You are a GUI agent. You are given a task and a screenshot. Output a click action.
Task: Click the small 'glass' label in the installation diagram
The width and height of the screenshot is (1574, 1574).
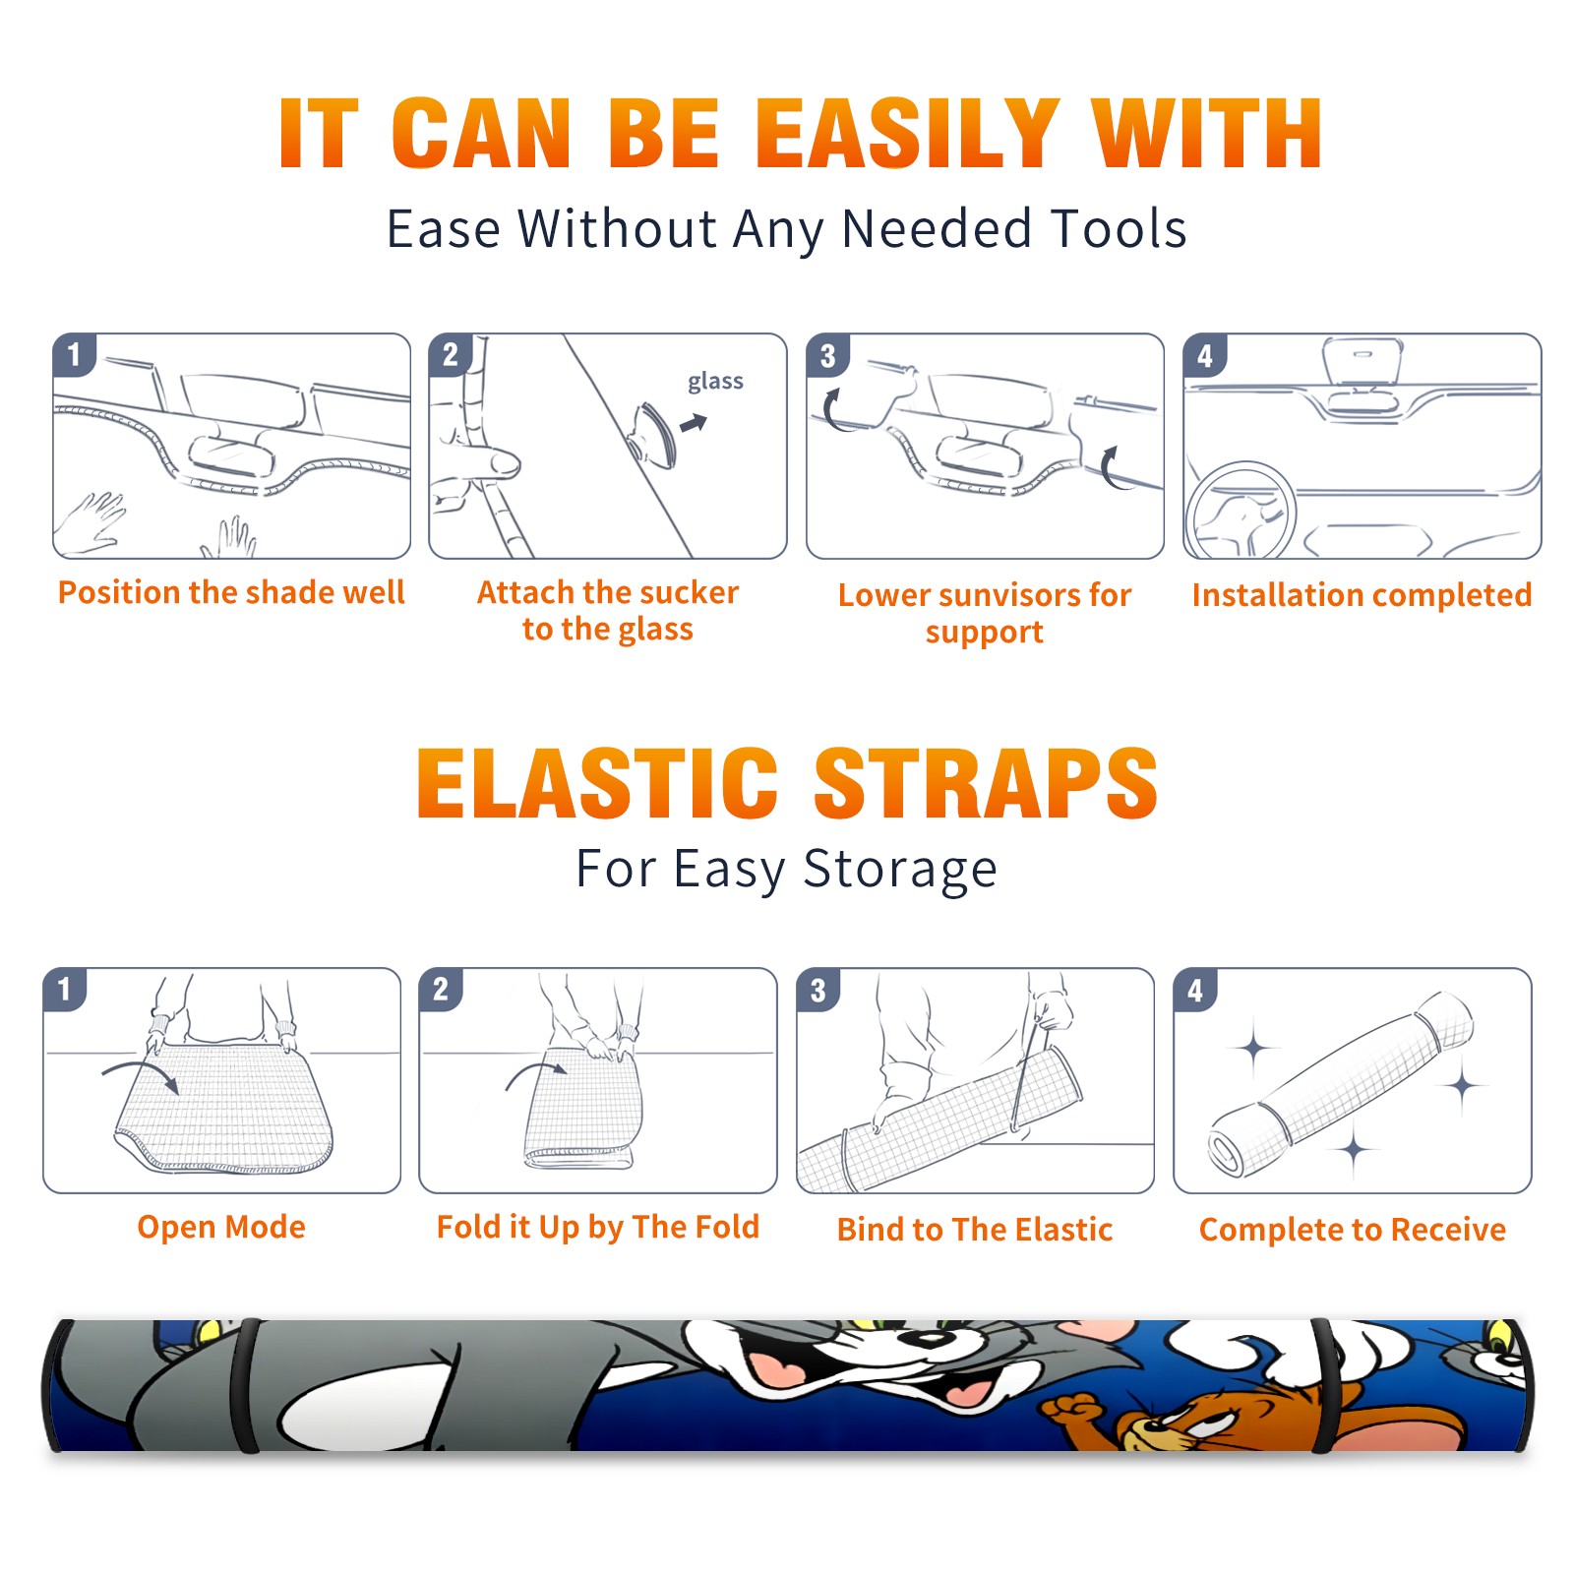pyautogui.click(x=715, y=382)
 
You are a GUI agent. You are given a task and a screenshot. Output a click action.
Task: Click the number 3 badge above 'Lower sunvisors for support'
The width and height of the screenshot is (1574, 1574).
pyautogui.click(x=827, y=355)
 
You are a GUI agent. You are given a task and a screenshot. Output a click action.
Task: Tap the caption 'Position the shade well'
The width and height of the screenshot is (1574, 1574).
pyautogui.click(x=231, y=592)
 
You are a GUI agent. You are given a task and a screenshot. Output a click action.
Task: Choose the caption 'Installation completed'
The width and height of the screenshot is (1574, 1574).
pyautogui.click(x=1362, y=594)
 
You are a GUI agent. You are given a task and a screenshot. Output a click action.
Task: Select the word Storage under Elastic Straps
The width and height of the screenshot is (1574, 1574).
pyautogui.click(x=900, y=870)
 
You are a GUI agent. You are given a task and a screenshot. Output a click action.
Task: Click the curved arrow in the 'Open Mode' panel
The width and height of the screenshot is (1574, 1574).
pyautogui.click(x=141, y=1073)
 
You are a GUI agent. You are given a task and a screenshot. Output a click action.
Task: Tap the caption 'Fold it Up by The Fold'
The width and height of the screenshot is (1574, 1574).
pyautogui.click(x=598, y=1227)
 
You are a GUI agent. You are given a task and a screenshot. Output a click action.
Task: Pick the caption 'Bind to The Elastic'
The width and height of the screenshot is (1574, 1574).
pyautogui.click(x=975, y=1230)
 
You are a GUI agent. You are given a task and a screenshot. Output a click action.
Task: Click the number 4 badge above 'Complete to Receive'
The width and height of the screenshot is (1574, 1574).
pyautogui.click(x=1195, y=990)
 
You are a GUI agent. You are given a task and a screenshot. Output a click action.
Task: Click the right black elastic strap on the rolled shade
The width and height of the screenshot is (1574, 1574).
pyautogui.click(x=1324, y=1385)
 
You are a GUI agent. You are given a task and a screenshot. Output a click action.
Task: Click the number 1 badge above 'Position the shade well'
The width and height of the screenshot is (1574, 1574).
pyautogui.click(x=74, y=355)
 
